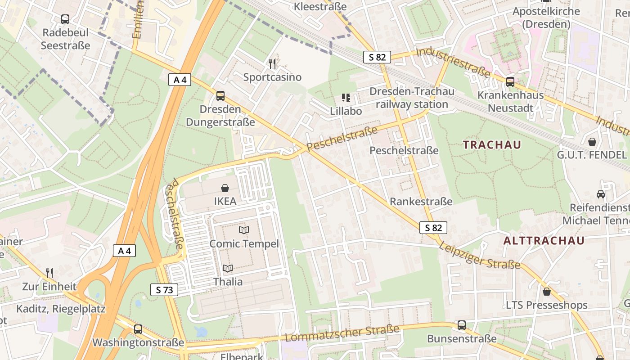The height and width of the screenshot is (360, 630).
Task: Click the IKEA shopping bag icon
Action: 225,188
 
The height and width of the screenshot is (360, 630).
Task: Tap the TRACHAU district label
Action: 492,145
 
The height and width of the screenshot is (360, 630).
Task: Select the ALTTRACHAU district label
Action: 544,240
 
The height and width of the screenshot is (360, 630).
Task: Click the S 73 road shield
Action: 164,290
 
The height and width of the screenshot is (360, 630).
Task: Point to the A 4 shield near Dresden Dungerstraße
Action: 180,80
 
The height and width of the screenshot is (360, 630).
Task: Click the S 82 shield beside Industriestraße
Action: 377,57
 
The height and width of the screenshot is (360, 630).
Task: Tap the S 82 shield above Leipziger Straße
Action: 433,228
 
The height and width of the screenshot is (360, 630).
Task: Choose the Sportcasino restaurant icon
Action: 272,64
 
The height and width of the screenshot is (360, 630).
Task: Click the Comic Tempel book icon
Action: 244,230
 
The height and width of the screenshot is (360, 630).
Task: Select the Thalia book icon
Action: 228,269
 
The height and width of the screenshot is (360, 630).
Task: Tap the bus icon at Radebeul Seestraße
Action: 65,19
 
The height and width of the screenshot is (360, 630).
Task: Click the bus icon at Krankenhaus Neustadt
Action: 510,82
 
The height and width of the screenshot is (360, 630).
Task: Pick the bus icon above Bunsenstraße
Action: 462,325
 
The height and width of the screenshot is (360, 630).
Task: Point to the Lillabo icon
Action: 346,97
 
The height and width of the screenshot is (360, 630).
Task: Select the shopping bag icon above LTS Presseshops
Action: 546,292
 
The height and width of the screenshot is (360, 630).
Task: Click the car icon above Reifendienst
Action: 600,194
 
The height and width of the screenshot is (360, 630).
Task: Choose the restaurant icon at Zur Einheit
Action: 49,273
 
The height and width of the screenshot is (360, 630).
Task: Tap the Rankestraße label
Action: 421,201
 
